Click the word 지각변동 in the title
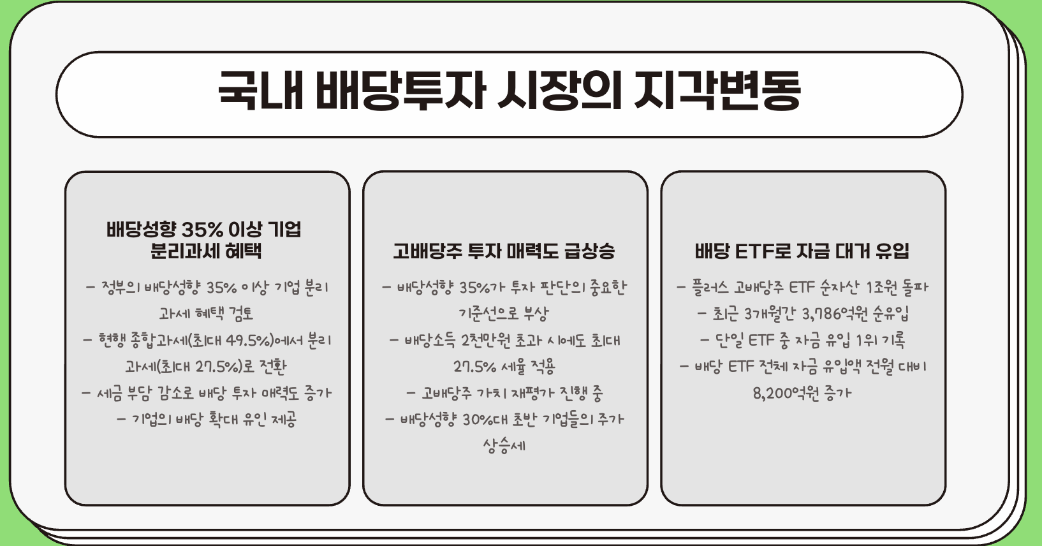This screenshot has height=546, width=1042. tap(717, 90)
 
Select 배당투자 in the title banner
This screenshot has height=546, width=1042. tap(400, 90)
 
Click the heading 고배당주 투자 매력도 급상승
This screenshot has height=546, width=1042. tap(504, 251)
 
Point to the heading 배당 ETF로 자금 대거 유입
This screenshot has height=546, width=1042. tap(802, 251)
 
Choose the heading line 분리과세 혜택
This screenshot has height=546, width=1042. tap(206, 251)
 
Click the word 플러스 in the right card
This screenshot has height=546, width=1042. tap(710, 288)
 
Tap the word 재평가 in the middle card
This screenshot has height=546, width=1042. tap(525, 393)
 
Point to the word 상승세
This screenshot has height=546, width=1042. tap(504, 445)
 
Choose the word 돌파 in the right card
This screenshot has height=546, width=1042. tap(915, 288)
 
